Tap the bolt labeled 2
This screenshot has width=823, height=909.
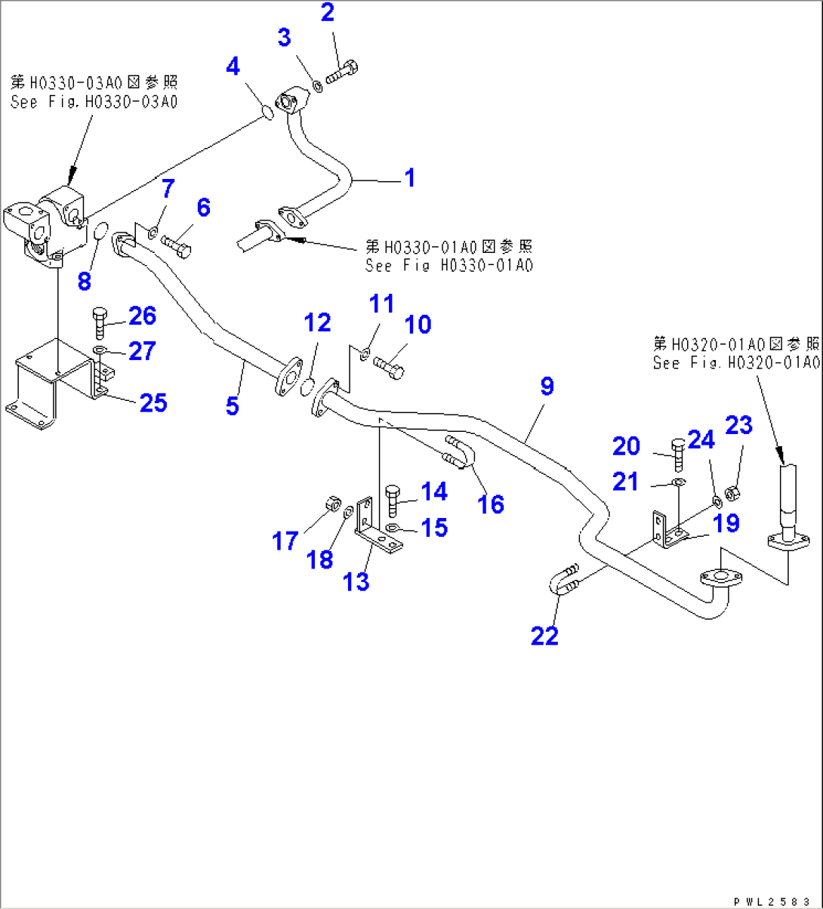tap(344, 74)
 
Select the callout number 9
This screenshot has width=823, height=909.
tap(546, 387)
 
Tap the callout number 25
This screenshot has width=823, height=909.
tap(153, 403)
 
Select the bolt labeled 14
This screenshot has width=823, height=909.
tap(393, 501)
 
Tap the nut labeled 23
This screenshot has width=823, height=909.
tap(732, 494)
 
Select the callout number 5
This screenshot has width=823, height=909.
tap(233, 405)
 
